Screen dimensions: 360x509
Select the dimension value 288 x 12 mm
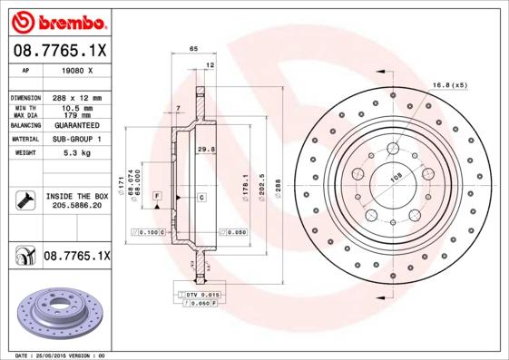(x=76, y=97)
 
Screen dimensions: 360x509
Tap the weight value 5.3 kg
(x=76, y=153)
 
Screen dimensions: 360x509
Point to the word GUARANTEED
(x=76, y=125)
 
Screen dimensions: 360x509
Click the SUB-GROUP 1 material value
(x=76, y=140)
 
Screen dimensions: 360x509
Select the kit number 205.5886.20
(x=76, y=206)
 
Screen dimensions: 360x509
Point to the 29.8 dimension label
(x=205, y=149)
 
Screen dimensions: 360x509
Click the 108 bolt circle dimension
(x=394, y=180)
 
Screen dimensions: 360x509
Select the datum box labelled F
(x=157, y=196)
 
